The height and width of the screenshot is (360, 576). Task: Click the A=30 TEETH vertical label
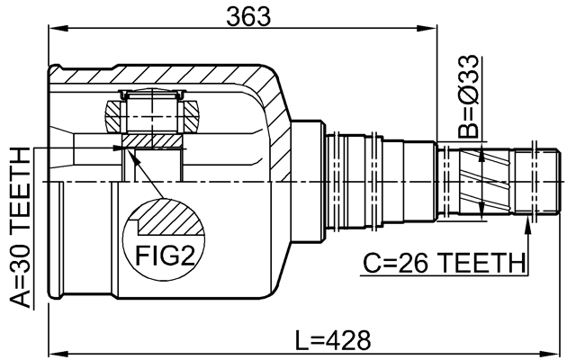coord(19,229)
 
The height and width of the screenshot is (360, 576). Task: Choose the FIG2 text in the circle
coord(166,256)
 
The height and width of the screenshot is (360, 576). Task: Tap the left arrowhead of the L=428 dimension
coord(52,352)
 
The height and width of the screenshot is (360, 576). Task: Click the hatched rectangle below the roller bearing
coord(152,141)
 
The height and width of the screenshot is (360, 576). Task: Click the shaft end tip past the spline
coord(538,180)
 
